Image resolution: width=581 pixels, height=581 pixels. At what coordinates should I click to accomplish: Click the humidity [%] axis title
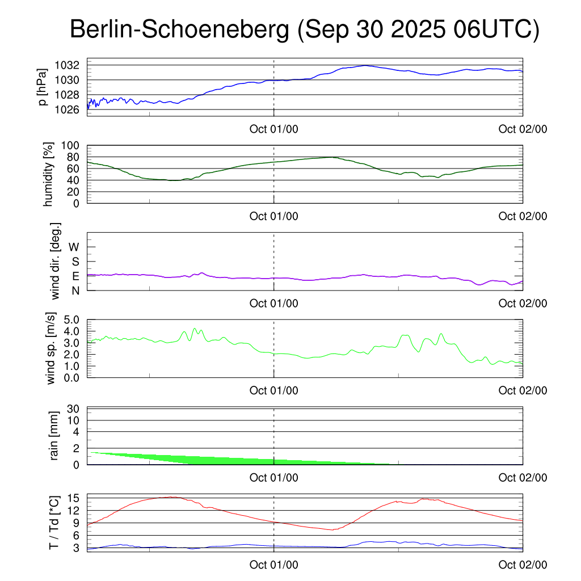(x=49, y=174)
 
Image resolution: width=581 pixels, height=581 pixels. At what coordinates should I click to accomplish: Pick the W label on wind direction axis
(x=74, y=247)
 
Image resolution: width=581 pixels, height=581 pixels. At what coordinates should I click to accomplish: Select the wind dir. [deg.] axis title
(x=56, y=261)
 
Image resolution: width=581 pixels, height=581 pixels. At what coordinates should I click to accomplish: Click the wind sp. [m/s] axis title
(x=52, y=348)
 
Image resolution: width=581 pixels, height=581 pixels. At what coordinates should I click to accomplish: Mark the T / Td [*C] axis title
(x=54, y=523)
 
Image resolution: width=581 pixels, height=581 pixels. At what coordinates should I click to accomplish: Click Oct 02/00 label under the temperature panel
(x=523, y=565)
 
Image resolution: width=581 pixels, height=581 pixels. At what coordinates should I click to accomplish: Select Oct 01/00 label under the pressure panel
(x=274, y=129)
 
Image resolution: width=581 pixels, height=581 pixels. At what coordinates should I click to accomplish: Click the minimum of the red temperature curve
(x=333, y=530)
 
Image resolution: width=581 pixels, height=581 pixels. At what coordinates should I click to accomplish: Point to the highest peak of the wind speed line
(x=195, y=328)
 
